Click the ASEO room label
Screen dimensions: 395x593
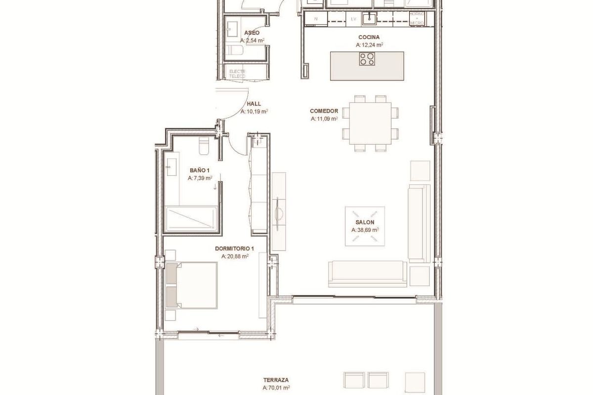pos(252,33)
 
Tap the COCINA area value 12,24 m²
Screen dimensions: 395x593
pos(369,45)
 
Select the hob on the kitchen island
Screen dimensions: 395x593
pos(366,59)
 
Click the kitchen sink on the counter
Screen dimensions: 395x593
pos(368,19)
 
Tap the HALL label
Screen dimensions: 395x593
pos(254,104)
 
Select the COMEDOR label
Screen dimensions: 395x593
pos(324,111)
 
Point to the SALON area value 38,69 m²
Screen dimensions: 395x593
pos(365,230)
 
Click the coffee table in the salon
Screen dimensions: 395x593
pos(365,225)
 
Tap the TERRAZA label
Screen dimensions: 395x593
pos(276,380)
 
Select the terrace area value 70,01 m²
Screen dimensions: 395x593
pos(276,389)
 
